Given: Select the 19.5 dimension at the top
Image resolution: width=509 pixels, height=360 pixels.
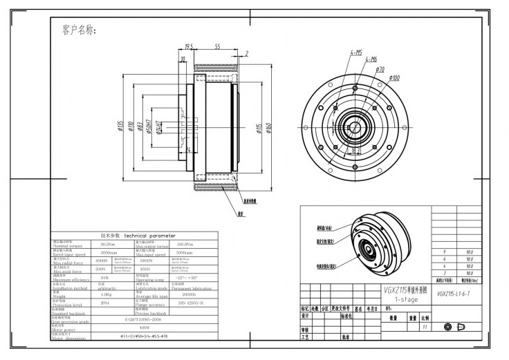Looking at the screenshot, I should pos(188,46).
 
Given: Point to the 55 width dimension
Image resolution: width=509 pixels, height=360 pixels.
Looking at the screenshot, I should pos(216,46).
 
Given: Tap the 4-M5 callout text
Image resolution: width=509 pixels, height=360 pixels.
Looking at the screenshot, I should pos(356,52).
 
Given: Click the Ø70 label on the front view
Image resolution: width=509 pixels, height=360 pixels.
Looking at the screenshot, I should pos(380,70).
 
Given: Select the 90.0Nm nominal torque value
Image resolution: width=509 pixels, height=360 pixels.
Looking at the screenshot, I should pos(107,245).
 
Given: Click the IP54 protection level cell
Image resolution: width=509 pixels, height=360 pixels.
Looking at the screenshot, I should pos(105,303).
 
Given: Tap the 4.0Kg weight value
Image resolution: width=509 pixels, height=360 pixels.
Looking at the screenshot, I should pos(107,294).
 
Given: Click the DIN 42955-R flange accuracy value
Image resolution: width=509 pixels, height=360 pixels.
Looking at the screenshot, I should pos(191,303).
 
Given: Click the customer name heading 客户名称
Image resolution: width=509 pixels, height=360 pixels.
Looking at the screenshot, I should pos(79,30).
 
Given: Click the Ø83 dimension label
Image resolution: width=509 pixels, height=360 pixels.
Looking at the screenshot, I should pos(140,126).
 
